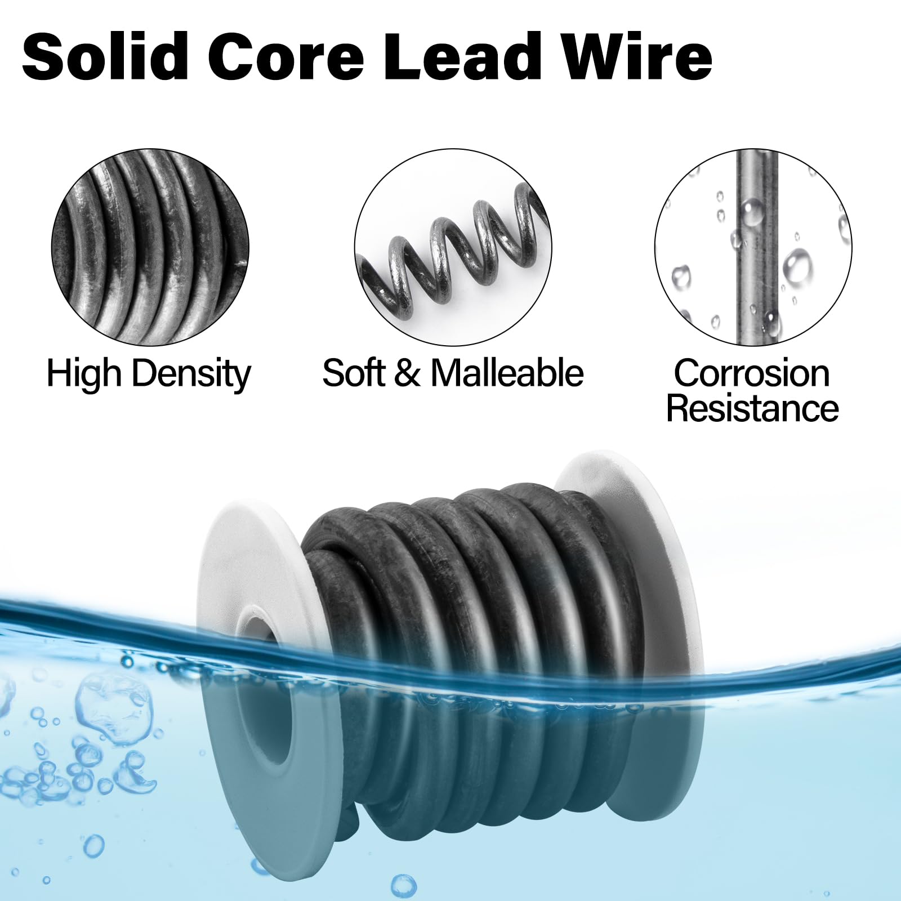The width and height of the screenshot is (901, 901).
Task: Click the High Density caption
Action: [148, 373]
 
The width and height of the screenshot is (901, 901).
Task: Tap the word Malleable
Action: [507, 373]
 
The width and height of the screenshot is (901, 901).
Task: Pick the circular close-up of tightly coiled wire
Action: [150, 248]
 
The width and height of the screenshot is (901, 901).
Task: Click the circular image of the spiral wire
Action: [453, 248]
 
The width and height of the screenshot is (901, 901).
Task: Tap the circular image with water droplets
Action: [753, 248]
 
